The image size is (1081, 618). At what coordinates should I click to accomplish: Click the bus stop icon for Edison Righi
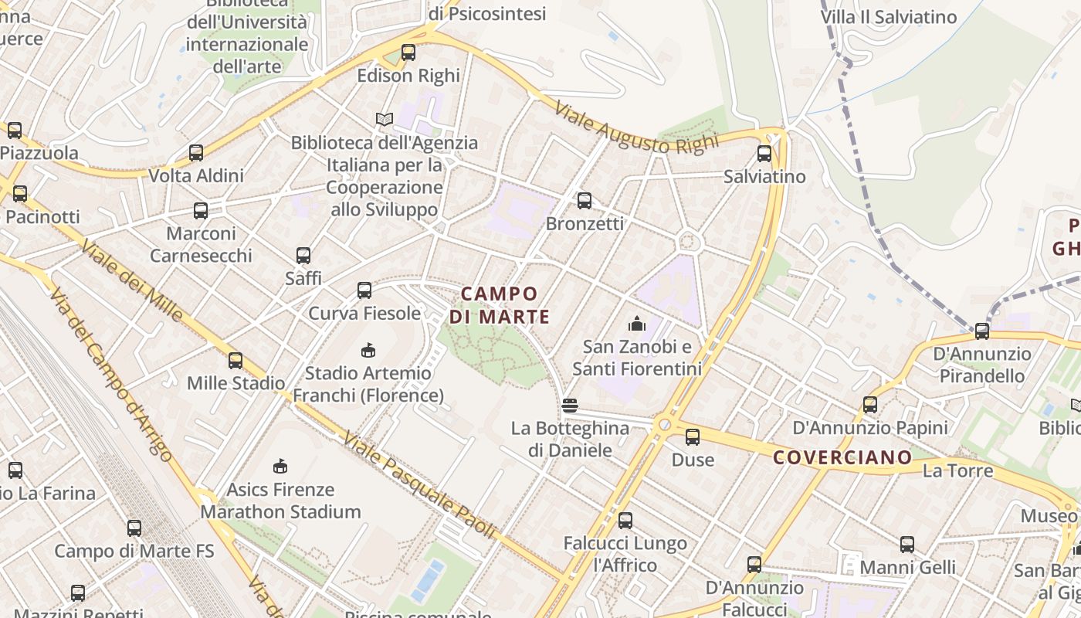click(408, 53)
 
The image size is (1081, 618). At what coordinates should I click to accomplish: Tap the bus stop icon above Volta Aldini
click(196, 153)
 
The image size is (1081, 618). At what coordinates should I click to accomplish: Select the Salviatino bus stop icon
click(764, 154)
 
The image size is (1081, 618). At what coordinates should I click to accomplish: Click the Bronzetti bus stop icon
click(585, 201)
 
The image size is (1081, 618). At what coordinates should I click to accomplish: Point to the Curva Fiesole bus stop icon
click(364, 290)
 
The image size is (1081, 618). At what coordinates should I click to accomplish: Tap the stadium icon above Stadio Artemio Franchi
click(368, 350)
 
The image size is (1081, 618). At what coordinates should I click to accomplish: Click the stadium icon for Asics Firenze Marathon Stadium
click(280, 466)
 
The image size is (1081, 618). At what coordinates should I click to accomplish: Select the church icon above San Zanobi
click(637, 323)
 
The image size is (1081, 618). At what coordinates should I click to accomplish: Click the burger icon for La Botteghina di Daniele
click(570, 406)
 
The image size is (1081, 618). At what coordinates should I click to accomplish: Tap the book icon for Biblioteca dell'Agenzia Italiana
click(385, 119)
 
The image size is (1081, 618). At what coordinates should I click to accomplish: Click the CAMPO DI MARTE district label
click(500, 305)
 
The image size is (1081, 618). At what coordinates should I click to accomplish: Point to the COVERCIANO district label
click(842, 457)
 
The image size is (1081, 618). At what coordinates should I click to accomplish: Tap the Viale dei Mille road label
click(132, 280)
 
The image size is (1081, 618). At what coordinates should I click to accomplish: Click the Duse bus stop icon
click(693, 437)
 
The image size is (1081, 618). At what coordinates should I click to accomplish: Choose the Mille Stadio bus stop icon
click(236, 360)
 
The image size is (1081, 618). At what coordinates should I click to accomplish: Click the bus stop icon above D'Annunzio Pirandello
click(982, 331)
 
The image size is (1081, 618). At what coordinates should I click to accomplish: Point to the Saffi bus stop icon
click(303, 255)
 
